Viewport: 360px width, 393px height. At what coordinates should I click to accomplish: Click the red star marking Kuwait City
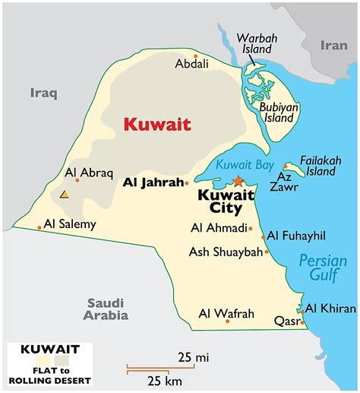(238, 180)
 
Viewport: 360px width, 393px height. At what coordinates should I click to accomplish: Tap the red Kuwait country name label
(157, 124)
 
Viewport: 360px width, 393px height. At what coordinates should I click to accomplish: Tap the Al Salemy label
(69, 224)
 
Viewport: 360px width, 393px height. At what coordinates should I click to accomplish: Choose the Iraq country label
(44, 93)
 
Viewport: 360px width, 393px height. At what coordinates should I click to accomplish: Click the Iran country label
(333, 45)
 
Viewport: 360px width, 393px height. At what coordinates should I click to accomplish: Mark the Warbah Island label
(254, 44)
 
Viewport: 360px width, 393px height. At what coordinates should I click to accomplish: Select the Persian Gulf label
(323, 268)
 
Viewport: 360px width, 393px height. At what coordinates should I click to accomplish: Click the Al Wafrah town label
(226, 312)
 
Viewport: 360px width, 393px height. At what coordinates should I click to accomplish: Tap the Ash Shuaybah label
(226, 252)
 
